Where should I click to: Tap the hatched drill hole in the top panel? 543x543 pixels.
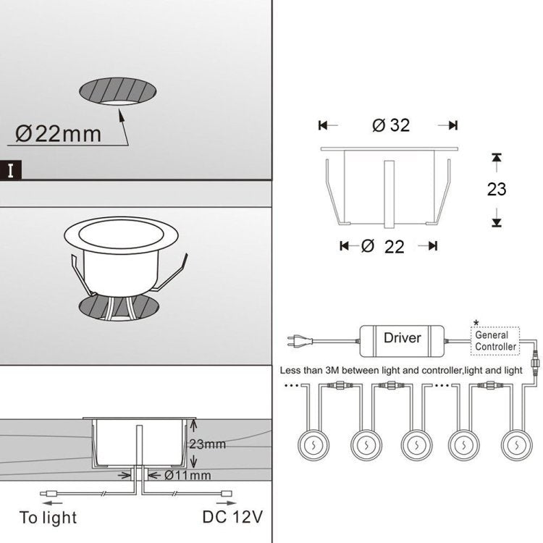pos(119,93)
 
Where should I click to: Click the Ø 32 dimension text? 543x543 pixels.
pos(391,125)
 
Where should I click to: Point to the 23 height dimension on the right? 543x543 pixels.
pos(496,190)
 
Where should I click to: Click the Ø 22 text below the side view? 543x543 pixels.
pos(384,246)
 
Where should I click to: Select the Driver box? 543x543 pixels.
pos(403,337)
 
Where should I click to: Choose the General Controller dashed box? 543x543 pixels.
pos(496,340)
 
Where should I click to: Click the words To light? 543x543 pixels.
pos(48,518)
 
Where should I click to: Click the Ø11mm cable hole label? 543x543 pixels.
pos(188,476)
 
